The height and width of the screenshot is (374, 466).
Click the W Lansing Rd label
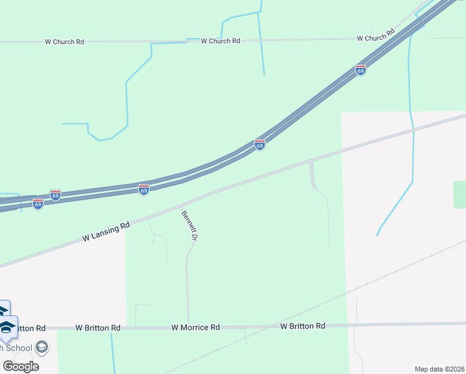[x=107, y=231]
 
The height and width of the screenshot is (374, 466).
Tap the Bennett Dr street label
[x=189, y=226]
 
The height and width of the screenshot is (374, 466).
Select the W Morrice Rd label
[x=196, y=327]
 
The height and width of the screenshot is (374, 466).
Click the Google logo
[x=21, y=367]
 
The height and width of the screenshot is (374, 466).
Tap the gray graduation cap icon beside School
[x=42, y=347]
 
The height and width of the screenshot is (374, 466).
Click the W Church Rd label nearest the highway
[x=376, y=38]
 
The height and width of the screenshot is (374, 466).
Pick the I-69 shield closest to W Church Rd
[x=361, y=70]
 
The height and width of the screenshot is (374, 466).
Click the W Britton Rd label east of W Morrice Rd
[x=303, y=326]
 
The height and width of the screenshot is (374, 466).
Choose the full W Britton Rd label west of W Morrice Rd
[x=98, y=327]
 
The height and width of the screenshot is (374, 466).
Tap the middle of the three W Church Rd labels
[x=221, y=41]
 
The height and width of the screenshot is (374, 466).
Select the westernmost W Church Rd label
[x=64, y=42]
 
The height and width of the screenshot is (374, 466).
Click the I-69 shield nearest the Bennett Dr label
[x=144, y=189]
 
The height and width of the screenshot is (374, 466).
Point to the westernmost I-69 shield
[x=38, y=203]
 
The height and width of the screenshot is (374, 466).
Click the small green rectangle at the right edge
[x=460, y=194]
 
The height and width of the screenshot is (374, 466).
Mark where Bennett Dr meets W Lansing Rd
[x=180, y=205]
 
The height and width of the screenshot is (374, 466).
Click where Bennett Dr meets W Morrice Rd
[x=188, y=327]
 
